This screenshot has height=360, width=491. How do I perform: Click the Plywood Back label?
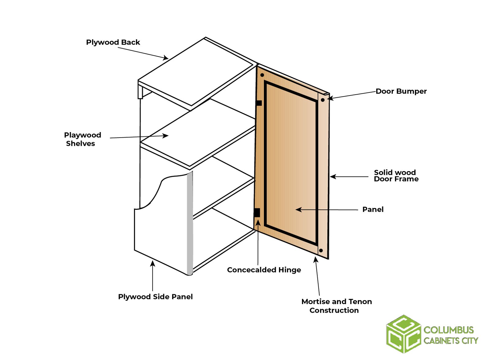coord(113,42)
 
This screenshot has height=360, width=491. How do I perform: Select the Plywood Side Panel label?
coord(155,297)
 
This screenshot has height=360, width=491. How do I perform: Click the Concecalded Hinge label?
coord(264,270)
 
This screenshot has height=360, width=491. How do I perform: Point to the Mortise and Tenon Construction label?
coord(336,306)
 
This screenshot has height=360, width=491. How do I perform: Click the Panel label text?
coord(373,209)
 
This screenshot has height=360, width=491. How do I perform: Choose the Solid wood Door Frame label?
coord(396,176)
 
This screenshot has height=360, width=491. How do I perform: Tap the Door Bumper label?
coord(401,91)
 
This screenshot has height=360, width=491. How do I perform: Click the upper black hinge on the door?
coord(259,103)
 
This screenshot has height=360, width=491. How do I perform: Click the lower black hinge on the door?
coord(257,213)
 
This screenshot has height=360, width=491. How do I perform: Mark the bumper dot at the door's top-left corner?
coord(262,75)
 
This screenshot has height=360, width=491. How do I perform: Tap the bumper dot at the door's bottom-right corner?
coord(321,251)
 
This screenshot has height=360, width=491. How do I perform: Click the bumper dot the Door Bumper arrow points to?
coord(323,100)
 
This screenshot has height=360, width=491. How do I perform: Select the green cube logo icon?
coord(403,334)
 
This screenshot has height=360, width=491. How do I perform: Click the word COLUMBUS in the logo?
coord(449,330)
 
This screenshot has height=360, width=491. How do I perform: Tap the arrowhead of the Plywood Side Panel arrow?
coord(153,263)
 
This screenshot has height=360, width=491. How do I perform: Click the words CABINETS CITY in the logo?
coord(451,341)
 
